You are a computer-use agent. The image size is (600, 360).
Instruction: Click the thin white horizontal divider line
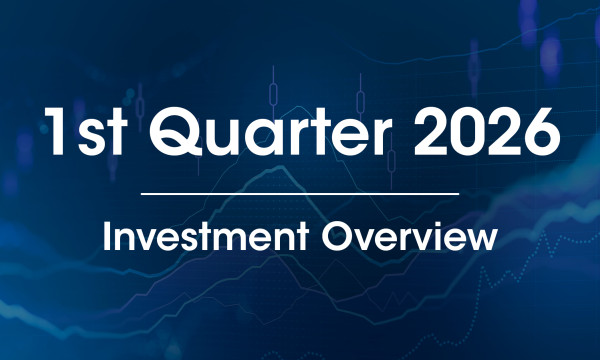tap(300, 192)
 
